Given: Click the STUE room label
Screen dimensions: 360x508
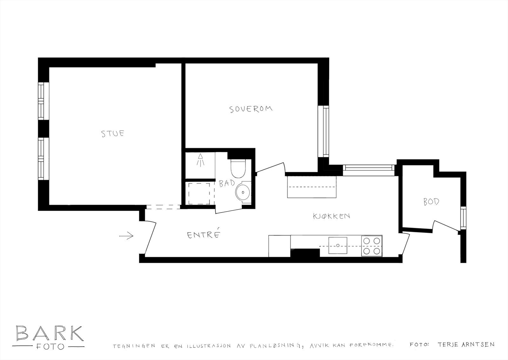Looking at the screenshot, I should [113, 133].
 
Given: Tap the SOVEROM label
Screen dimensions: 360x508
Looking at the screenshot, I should [251, 109].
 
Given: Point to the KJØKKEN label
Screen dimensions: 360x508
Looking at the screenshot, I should [331, 216].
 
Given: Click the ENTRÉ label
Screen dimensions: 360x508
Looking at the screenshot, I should [204, 235].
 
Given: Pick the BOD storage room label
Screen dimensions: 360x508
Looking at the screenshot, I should [431, 201].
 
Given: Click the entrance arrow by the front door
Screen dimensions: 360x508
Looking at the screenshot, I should [126, 236].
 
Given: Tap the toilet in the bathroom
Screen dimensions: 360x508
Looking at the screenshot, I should [237, 170].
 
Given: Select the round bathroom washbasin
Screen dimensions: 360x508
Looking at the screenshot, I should [243, 192].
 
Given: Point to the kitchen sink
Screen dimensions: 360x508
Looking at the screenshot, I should [338, 245].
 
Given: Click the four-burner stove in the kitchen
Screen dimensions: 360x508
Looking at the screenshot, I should [372, 246].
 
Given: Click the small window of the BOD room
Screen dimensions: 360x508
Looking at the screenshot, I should [463, 218].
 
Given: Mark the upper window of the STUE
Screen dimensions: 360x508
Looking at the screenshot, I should [43, 101].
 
